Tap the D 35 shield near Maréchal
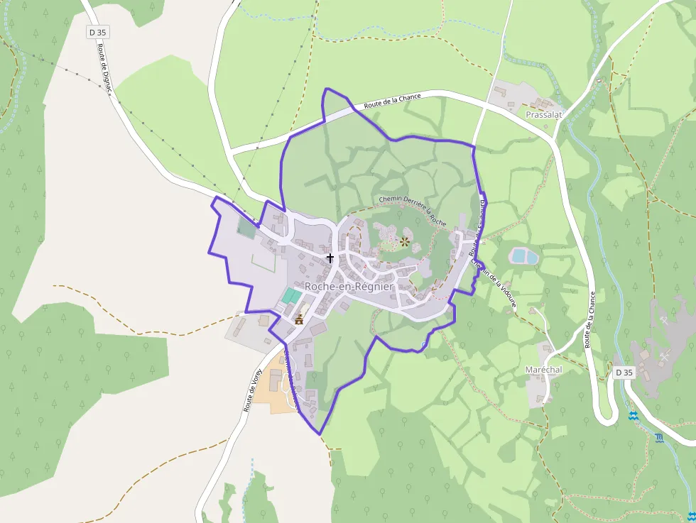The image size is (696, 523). click(x=624, y=373)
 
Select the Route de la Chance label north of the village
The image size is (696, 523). click(x=392, y=101)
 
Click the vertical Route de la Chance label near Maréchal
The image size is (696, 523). click(x=589, y=319)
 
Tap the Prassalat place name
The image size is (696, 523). click(x=545, y=114)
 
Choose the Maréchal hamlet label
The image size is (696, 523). click(x=543, y=370)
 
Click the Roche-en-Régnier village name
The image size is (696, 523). click(x=349, y=286)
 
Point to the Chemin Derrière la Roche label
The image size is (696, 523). click(x=413, y=211)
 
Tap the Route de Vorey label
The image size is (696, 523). click(x=253, y=390)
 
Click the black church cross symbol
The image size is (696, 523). click(x=330, y=258)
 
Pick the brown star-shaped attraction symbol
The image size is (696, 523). click(x=405, y=242)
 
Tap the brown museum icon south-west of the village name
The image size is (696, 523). click(x=299, y=319)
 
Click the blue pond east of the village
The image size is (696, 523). click(x=524, y=255)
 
